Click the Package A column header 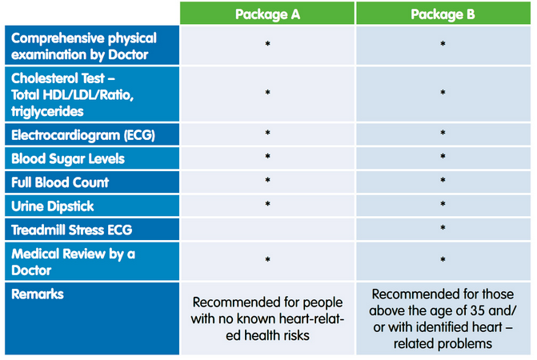coord(267,14)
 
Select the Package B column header coord(443,14)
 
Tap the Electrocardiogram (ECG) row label coord(83,135)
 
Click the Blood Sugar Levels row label coord(68,158)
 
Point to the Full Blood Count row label coord(60,182)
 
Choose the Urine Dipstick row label coord(52,206)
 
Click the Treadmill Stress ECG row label coord(71,230)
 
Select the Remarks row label coord(38,294)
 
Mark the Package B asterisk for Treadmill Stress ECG coord(443,227)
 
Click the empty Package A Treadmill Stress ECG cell coord(267,230)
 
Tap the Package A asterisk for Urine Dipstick coord(267,204)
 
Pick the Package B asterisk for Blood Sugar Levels coord(443,156)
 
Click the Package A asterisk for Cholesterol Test coord(267,92)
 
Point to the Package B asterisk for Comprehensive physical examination coord(443,44)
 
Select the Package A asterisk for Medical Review coord(267,260)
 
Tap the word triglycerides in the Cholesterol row coord(47,111)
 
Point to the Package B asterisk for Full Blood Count coord(443,180)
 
